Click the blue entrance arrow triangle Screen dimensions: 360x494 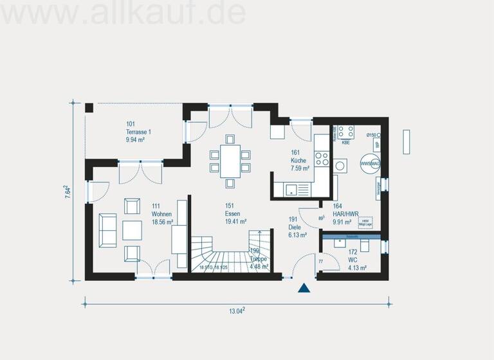304,288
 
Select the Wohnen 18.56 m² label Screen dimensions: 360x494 162,217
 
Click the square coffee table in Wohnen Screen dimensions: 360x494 133,230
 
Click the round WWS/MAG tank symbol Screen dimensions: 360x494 370,164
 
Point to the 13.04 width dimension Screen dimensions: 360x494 237,311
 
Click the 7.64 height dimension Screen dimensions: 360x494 68,192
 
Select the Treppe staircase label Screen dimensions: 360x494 259,258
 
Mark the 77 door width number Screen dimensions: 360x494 320,262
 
